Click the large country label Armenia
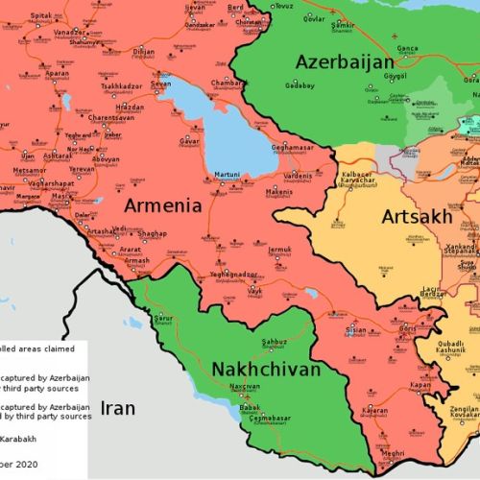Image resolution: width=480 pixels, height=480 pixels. coord(162,205)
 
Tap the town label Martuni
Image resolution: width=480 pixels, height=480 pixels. coord(227,174)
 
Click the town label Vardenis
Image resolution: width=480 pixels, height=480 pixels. coord(298,176)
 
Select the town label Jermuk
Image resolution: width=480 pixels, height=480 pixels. coord(278,250)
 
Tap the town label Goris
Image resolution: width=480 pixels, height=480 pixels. coord(407,327)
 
